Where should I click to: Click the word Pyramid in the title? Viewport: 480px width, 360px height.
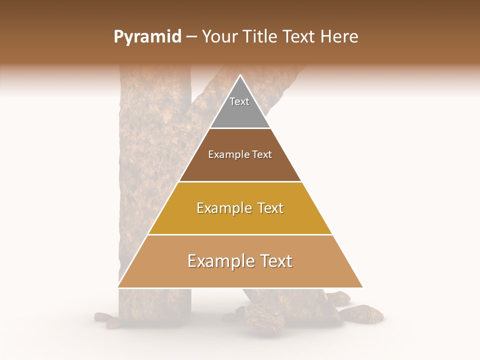[147, 37]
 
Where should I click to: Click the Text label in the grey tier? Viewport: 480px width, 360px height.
[239, 101]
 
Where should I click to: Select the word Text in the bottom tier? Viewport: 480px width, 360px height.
[275, 261]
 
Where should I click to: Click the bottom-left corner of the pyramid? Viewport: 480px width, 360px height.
[118, 287]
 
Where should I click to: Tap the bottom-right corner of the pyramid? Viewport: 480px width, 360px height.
[362, 287]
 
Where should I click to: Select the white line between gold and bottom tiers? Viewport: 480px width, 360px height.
[240, 234]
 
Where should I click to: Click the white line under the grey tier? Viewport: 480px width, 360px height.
[240, 128]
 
